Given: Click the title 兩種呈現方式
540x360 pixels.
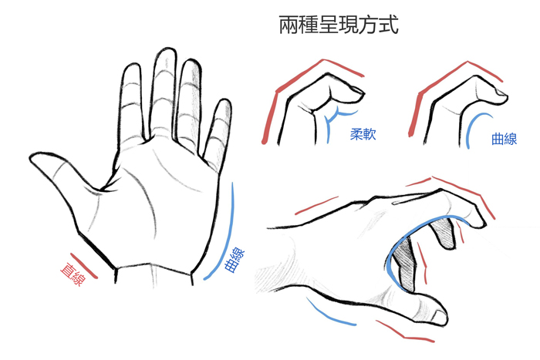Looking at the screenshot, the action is [x=338, y=25].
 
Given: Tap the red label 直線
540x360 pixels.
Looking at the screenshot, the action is [x=73, y=274].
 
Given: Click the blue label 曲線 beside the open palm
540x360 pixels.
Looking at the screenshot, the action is [x=235, y=261].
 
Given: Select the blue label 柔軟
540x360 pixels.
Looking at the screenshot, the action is [x=363, y=134].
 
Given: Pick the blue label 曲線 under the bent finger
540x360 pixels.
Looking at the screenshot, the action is [x=505, y=139].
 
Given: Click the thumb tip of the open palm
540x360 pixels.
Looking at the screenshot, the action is [x=35, y=157].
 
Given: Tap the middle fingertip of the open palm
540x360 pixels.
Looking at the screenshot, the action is [x=166, y=52].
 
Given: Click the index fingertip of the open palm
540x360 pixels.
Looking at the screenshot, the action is [x=132, y=68].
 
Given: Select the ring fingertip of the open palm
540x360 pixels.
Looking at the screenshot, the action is [x=191, y=65].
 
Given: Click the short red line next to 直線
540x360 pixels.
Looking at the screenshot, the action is [x=84, y=266].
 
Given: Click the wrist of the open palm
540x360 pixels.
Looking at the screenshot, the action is [x=154, y=275].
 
